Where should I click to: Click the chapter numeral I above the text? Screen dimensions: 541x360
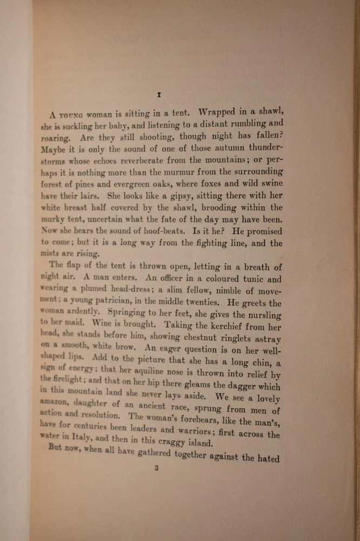(159, 95)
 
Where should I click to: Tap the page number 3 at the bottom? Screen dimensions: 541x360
(156, 469)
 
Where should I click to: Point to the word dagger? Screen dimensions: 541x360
(240, 386)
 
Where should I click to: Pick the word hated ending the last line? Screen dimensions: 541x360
(269, 458)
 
